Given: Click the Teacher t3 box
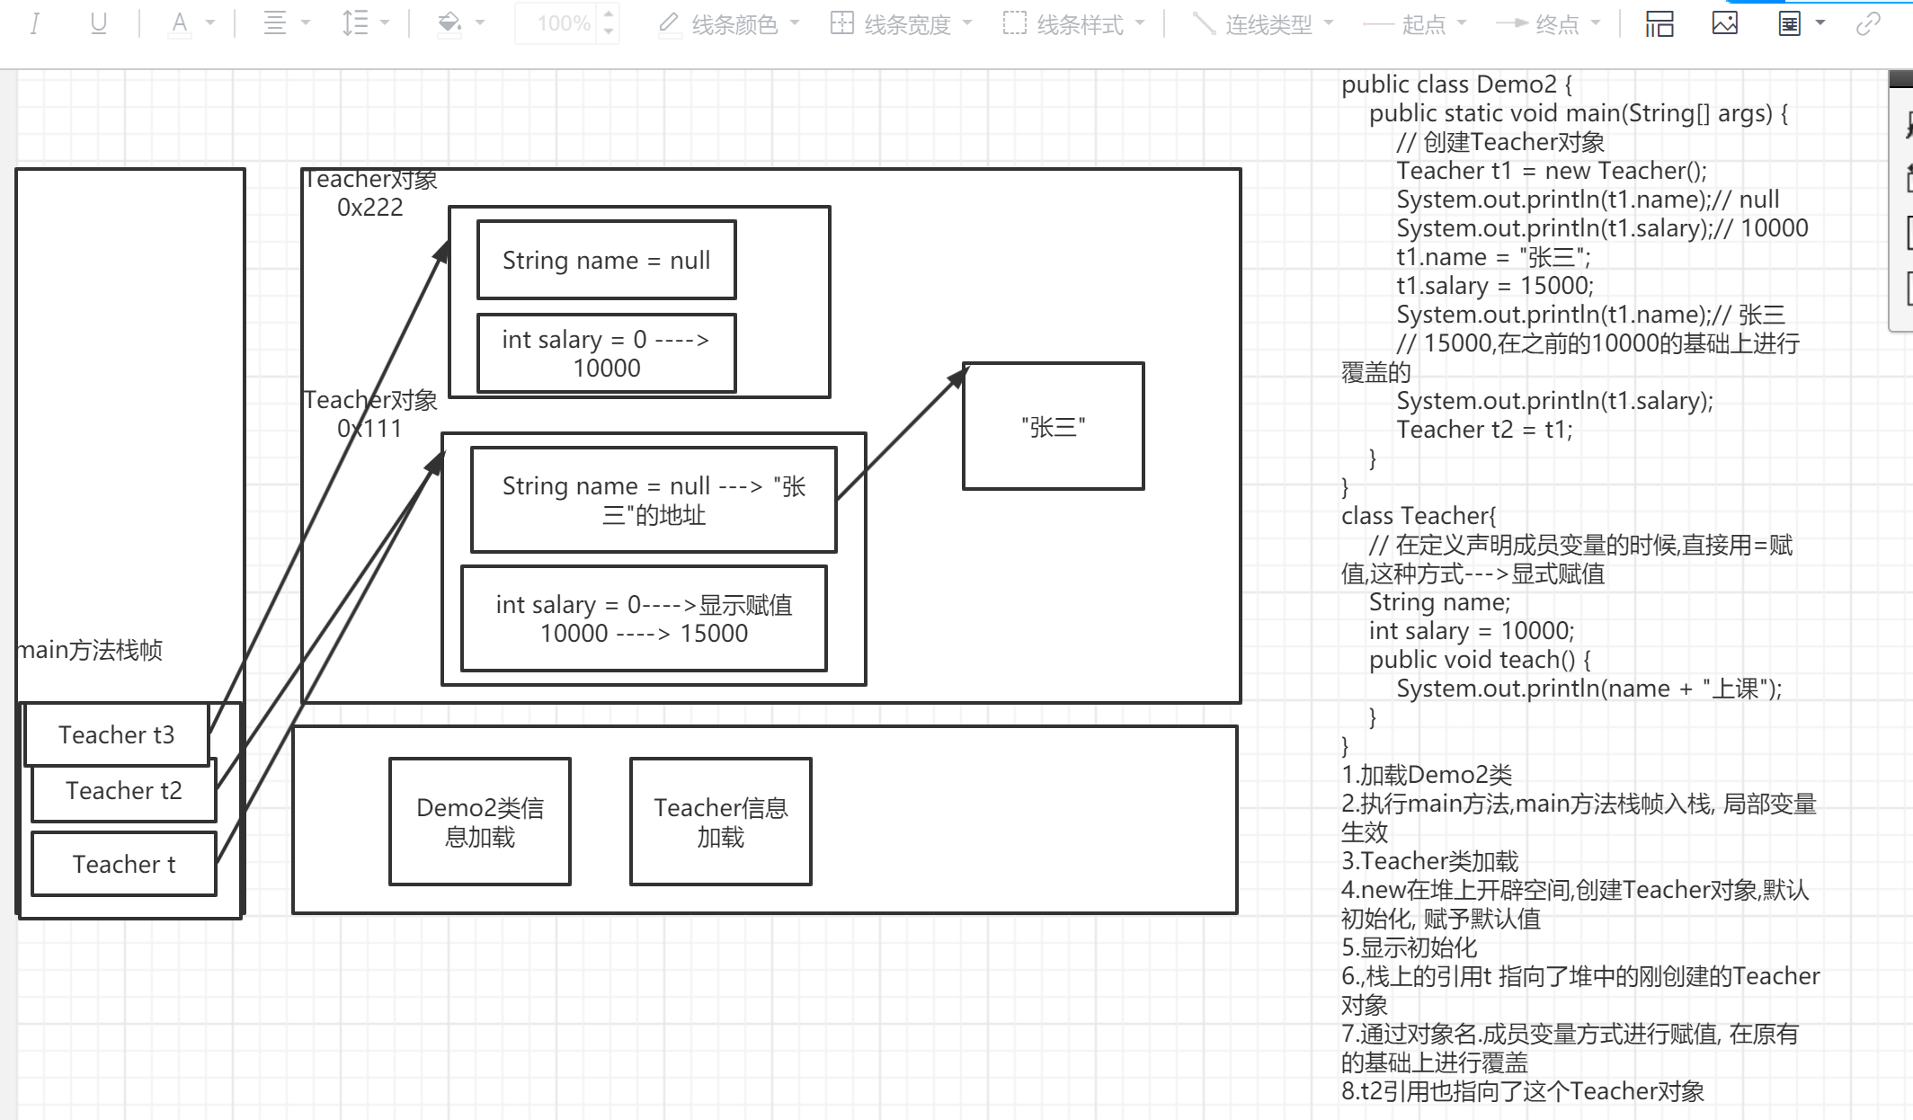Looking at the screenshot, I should (x=116, y=734).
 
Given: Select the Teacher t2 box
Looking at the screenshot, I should (x=123, y=791).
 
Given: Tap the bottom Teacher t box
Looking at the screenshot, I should (x=123, y=864).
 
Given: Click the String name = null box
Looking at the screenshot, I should (x=606, y=260).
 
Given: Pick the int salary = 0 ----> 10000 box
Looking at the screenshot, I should (x=606, y=353).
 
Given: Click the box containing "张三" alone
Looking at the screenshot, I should (x=1053, y=426).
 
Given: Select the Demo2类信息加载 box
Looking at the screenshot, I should (x=479, y=822).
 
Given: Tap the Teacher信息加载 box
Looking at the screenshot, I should (x=720, y=822).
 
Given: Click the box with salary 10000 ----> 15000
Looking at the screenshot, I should (x=644, y=618).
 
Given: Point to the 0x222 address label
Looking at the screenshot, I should (x=369, y=208).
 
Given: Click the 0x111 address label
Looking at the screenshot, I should (x=369, y=429).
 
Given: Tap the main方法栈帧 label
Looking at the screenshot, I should (x=91, y=650).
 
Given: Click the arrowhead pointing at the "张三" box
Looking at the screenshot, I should (x=958, y=373).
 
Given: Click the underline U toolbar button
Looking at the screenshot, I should (x=99, y=23).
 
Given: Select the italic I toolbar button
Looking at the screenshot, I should (x=35, y=23).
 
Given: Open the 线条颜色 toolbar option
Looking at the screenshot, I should (x=729, y=24).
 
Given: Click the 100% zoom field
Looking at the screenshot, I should (x=563, y=23).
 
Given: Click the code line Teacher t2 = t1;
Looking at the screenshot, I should (x=1484, y=430).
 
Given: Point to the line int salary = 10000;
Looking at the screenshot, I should (x=1472, y=631).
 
